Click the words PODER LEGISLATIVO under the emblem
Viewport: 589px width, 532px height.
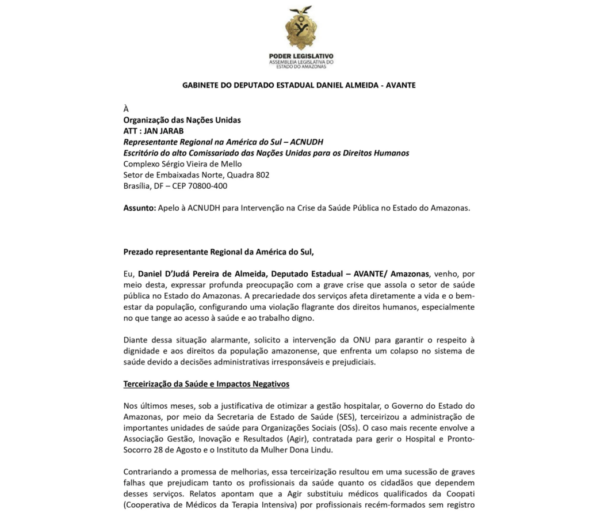click(301, 56)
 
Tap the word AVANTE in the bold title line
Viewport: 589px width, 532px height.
click(401, 85)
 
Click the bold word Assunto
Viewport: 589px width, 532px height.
click(139, 208)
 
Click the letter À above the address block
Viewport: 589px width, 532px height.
click(127, 109)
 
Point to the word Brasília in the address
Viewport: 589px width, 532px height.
click(137, 186)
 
